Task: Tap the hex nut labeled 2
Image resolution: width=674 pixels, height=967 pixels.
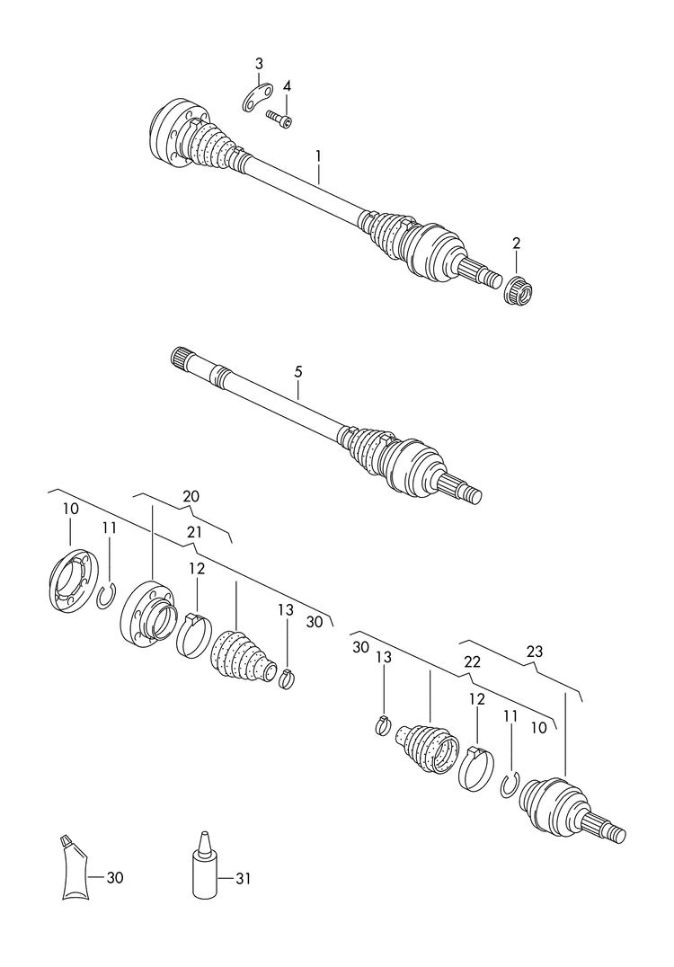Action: click(x=518, y=290)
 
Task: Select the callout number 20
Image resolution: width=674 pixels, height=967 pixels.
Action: click(x=191, y=495)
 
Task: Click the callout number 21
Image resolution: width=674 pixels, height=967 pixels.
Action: click(x=194, y=532)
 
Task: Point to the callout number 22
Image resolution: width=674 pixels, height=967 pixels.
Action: click(x=472, y=661)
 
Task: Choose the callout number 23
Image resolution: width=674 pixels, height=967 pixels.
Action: click(x=535, y=652)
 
